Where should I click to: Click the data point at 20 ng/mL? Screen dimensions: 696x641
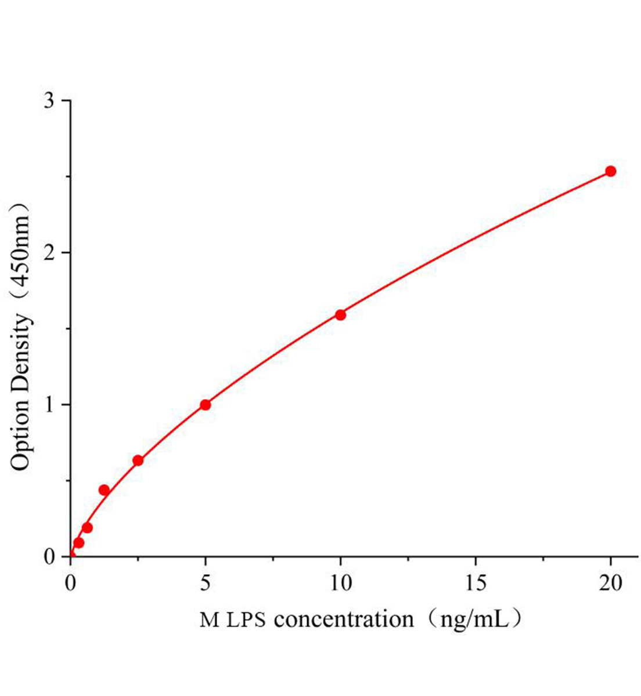click(610, 171)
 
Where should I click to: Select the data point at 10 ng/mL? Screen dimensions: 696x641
click(340, 315)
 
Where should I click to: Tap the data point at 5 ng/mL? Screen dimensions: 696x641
click(205, 405)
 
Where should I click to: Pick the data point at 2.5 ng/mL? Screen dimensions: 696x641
click(138, 461)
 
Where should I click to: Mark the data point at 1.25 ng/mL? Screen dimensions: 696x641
click(104, 490)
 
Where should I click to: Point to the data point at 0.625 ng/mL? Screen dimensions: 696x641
click(87, 528)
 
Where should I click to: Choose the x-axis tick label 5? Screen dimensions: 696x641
click(205, 583)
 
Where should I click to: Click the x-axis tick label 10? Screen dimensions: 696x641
click(340, 583)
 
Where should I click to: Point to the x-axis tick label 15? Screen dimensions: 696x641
click(476, 583)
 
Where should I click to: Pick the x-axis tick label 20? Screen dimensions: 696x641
click(610, 583)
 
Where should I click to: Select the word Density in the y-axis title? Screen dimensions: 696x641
click(21, 349)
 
